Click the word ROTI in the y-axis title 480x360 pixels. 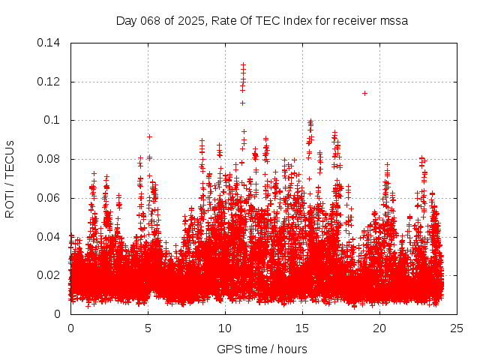tap(10, 202)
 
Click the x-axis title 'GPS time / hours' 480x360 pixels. tap(262, 349)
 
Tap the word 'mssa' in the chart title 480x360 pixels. tap(393, 21)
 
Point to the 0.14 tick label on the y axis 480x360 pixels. tap(49, 43)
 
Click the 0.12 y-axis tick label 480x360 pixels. tap(49, 82)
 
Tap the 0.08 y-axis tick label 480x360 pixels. tap(49, 159)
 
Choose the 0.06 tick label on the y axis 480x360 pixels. tap(49, 198)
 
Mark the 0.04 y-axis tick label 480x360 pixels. tap(49, 237)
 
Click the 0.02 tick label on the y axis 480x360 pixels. tap(49, 275)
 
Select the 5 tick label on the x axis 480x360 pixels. tap(148, 328)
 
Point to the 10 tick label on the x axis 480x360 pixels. tap(225, 328)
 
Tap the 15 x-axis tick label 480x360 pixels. tap(302, 328)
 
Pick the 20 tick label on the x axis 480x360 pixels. tap(379, 328)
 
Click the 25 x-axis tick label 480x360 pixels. tap(457, 328)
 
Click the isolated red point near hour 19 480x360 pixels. tap(364, 93)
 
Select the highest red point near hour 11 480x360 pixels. tap(243, 64)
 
